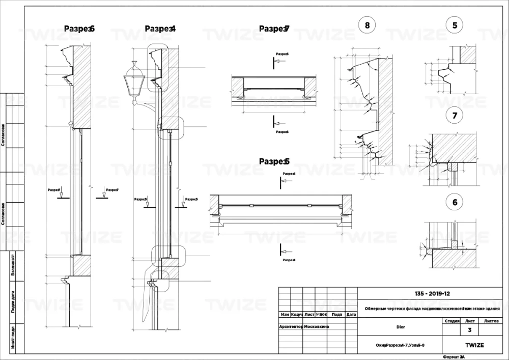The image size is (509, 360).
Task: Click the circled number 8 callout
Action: (367, 24)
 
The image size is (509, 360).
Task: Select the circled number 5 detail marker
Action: (455, 24)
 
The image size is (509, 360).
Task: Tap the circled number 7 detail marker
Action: (455, 116)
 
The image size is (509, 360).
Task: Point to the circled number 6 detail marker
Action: (455, 202)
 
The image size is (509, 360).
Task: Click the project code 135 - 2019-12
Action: (433, 294)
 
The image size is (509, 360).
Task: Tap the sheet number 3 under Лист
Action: (469, 330)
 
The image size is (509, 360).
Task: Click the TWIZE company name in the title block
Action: (474, 345)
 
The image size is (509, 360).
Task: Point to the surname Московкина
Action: (316, 326)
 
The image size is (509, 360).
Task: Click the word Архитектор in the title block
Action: (291, 326)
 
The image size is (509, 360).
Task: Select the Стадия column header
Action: (452, 321)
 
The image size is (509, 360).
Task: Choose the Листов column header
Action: (491, 321)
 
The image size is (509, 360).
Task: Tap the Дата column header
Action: (351, 314)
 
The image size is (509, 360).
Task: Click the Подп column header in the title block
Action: (336, 314)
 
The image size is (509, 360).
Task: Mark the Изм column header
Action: (285, 314)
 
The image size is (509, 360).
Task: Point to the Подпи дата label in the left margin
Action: (12, 301)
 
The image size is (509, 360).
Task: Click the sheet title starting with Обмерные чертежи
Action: (433, 309)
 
